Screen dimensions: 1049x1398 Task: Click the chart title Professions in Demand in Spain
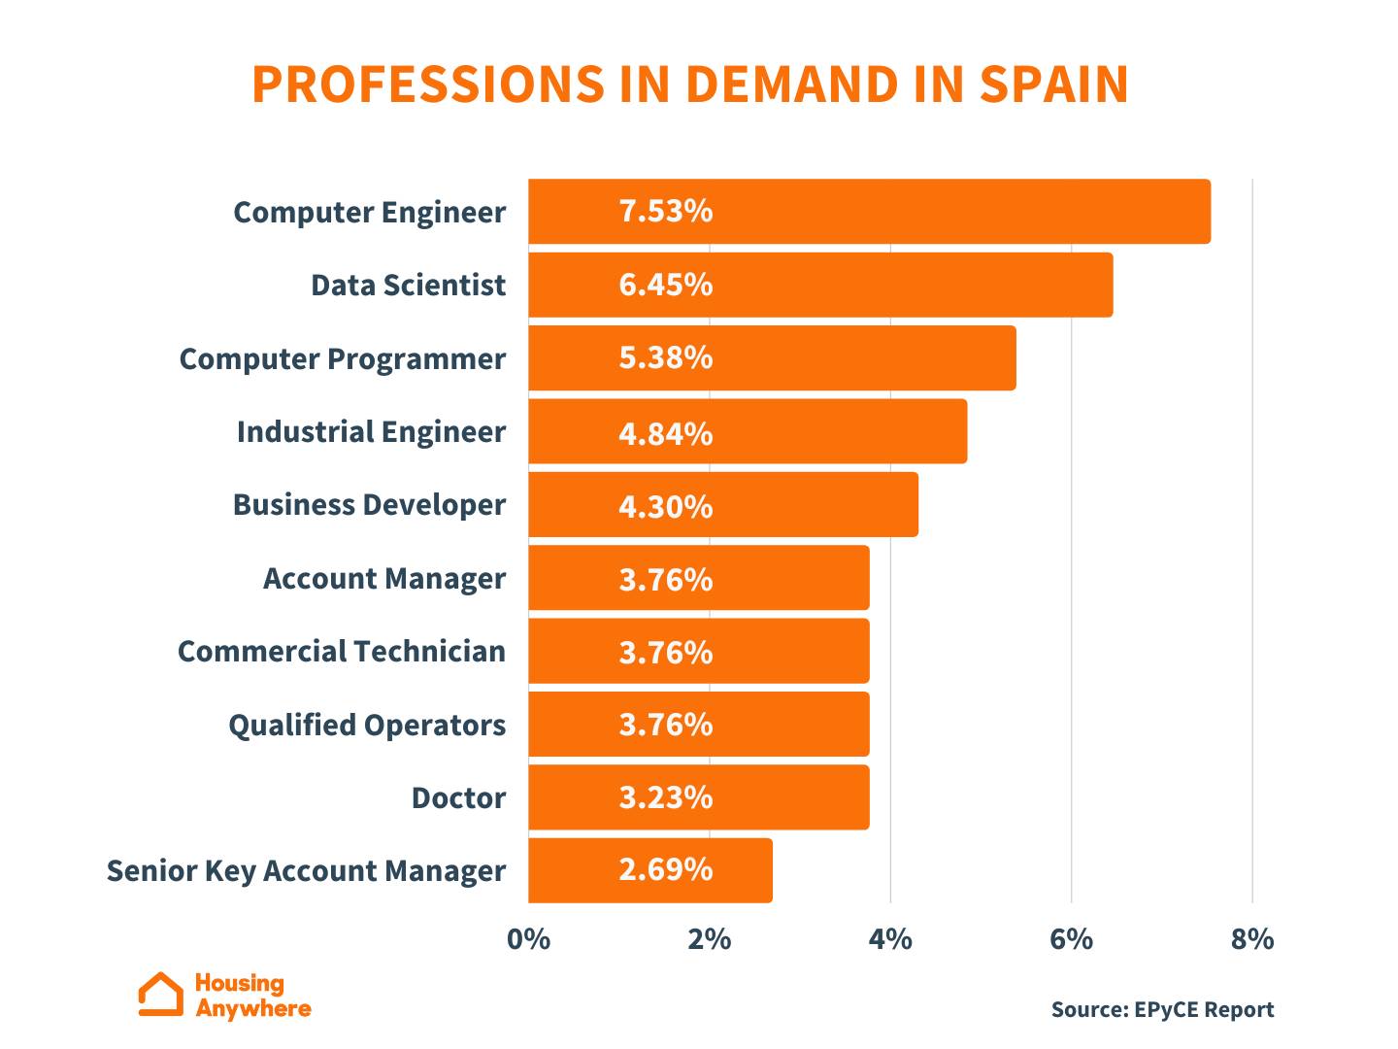tap(689, 85)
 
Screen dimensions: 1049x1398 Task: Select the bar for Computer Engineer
tap(869, 212)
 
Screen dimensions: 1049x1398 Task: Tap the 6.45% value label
tap(666, 285)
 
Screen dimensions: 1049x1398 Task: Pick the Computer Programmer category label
tap(342, 358)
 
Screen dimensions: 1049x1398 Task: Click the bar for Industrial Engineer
tap(748, 431)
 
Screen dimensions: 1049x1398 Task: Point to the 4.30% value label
tap(666, 506)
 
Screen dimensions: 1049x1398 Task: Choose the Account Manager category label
tap(384, 579)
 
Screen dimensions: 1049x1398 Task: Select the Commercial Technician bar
tap(699, 652)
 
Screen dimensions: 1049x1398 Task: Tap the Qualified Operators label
tap(367, 726)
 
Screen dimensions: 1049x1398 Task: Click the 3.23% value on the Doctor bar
tap(666, 797)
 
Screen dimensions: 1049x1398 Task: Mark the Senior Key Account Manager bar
tap(650, 871)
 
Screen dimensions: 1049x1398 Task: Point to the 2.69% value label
tap(666, 869)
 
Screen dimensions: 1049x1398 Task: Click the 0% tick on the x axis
tap(528, 939)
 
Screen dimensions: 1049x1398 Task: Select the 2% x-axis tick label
tap(710, 939)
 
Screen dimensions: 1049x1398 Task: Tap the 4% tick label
tap(890, 939)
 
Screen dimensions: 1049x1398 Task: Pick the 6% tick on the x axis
tap(1071, 939)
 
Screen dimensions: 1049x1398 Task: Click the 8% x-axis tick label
tap(1252, 939)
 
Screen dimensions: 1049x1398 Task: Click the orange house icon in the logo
tap(160, 995)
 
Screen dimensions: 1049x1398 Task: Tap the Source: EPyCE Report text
tap(1162, 1009)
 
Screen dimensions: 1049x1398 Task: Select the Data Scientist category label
tap(408, 286)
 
